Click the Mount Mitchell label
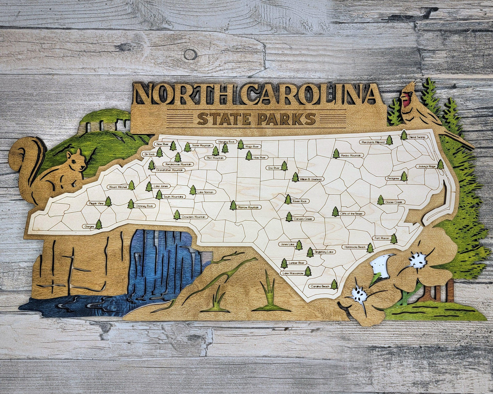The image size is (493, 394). coord(117,187)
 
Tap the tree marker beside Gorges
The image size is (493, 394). coord(99,224)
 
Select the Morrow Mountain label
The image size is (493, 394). coord(249,207)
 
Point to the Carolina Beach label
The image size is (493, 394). coord(320,287)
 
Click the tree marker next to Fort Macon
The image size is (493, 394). coord(394,239)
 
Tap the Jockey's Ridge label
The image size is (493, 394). coord(426,167)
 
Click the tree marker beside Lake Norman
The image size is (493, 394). coord(193,190)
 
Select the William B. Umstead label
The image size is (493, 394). coord(311,179)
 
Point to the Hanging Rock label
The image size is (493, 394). coord(226,141)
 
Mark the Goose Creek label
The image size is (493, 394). coord(394,202)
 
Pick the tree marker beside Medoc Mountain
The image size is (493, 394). coord(336,154)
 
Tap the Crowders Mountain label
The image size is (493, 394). coord(194,217)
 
